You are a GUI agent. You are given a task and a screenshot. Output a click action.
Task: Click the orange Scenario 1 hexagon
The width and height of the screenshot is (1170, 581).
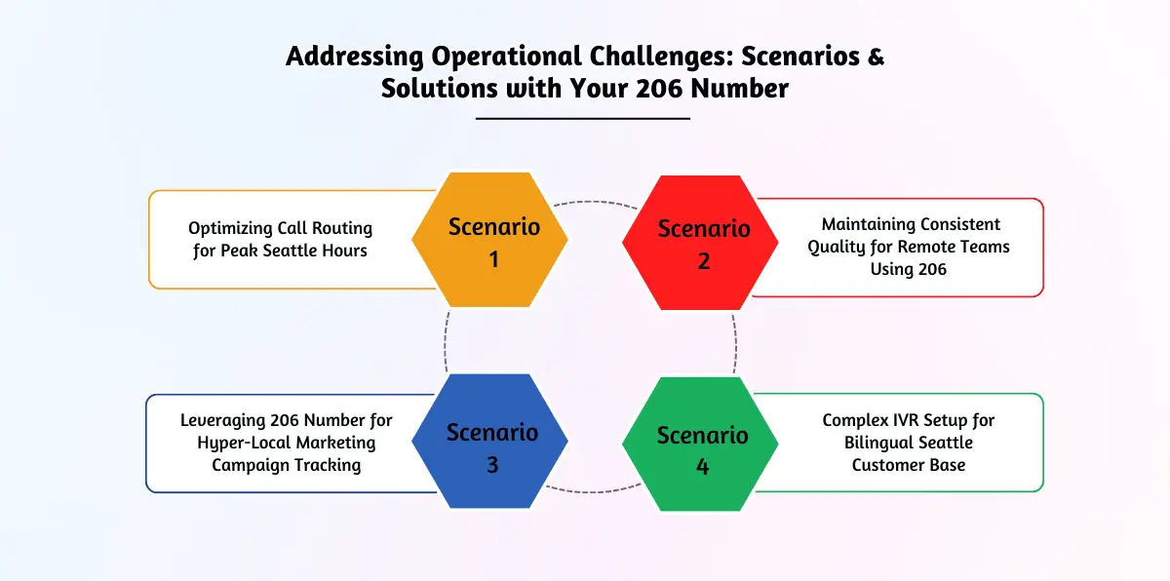[489, 240]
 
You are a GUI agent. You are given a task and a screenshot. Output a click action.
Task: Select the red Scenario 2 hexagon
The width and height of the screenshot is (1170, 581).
[700, 243]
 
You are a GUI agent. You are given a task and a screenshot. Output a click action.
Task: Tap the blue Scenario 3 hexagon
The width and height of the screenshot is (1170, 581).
[489, 441]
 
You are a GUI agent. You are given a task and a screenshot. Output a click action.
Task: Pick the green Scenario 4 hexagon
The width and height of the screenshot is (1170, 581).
[700, 445]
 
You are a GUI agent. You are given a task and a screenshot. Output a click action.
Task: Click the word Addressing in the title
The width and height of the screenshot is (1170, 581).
[355, 57]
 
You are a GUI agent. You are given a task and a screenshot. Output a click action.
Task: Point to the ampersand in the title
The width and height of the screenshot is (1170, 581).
[876, 56]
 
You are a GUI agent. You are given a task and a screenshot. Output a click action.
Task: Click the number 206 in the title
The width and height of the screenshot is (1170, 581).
[659, 88]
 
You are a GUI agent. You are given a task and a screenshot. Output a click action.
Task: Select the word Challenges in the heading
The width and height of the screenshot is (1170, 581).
[662, 57]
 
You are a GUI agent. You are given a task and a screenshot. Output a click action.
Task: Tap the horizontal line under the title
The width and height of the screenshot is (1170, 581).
[583, 119]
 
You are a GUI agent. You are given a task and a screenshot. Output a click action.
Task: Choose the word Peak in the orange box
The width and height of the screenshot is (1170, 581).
[239, 251]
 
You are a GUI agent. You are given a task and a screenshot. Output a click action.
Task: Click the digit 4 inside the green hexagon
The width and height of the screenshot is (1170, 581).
[703, 467]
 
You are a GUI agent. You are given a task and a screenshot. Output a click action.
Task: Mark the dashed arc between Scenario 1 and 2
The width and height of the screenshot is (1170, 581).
[596, 203]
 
